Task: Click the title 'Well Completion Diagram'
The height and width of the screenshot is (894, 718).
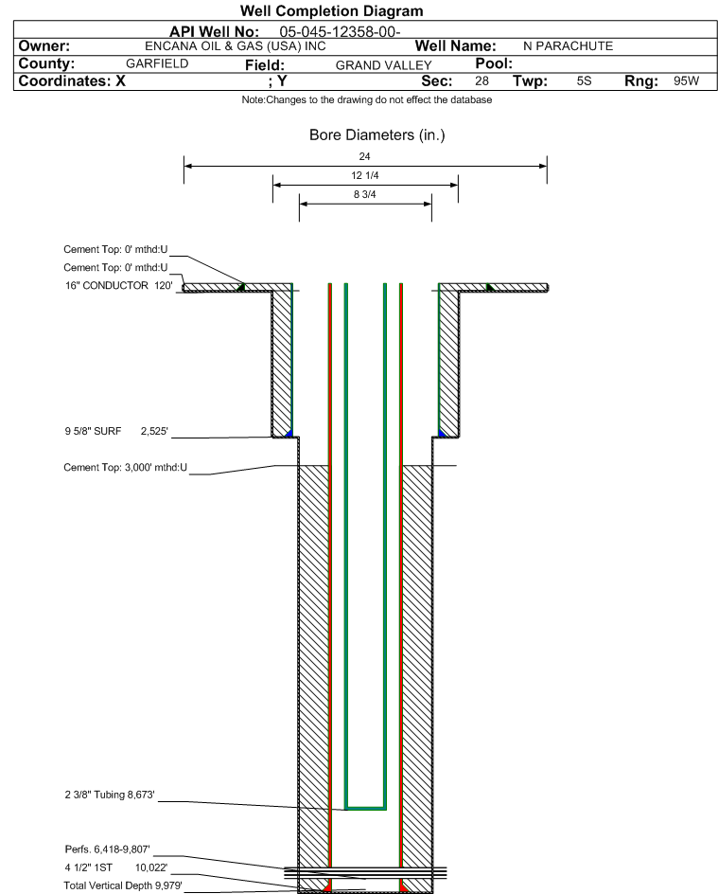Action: click(331, 10)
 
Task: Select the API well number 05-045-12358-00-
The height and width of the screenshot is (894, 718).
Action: click(340, 32)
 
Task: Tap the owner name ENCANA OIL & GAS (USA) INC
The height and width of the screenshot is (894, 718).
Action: click(236, 46)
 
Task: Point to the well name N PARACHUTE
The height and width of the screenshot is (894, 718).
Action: click(569, 46)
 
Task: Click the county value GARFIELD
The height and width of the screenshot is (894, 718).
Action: click(157, 63)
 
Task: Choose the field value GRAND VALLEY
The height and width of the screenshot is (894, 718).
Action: click(384, 65)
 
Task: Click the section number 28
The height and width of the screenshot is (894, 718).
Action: click(482, 80)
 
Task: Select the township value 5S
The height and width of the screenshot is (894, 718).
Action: click(585, 80)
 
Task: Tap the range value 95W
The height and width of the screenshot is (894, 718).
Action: click(686, 80)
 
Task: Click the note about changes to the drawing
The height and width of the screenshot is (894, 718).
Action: click(367, 99)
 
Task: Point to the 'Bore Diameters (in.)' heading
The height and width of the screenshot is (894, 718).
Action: click(377, 135)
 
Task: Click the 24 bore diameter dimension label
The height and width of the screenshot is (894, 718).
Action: click(364, 156)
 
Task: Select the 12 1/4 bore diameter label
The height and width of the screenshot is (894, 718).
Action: click(365, 175)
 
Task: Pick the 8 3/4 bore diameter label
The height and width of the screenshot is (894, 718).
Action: click(365, 194)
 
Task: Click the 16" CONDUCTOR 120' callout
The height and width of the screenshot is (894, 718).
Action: click(118, 286)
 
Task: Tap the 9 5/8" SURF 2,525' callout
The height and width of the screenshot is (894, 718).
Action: click(116, 431)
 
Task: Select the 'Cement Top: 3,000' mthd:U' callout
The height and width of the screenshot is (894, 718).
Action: click(125, 468)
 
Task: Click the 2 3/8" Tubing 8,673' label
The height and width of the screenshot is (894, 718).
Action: click(110, 795)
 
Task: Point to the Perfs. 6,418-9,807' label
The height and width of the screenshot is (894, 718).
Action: click(108, 849)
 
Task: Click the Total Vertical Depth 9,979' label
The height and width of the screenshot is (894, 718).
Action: click(123, 885)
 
